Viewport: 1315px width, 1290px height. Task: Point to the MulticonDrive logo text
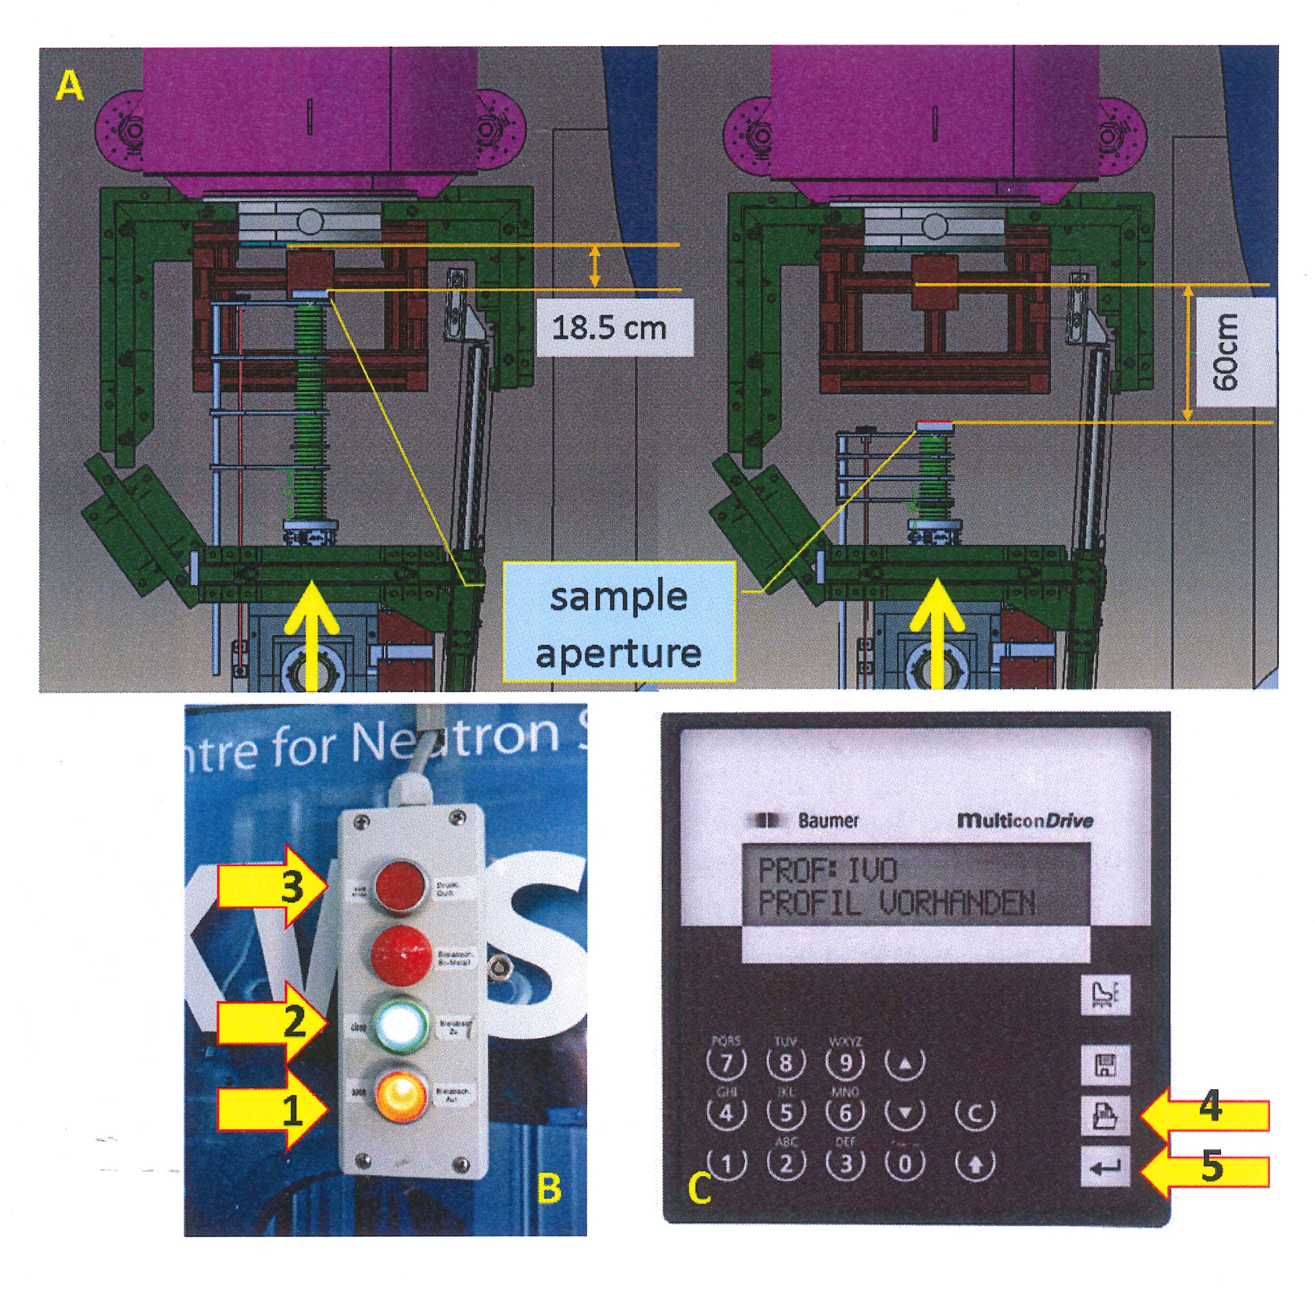(1024, 820)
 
